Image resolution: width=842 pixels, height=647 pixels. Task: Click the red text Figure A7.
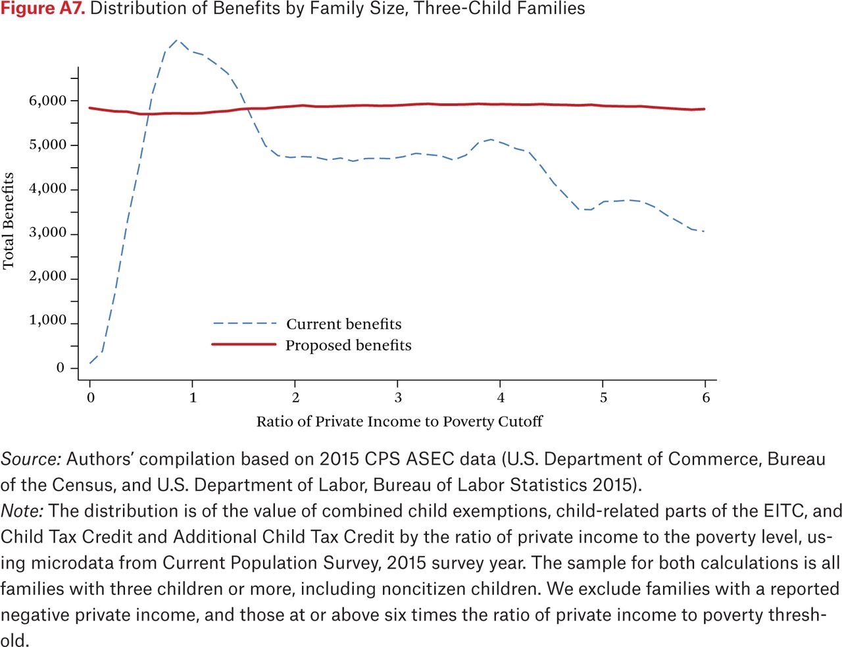point(43,9)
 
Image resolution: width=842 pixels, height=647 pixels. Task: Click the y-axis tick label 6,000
point(47,101)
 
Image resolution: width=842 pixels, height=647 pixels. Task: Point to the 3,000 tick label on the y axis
point(47,232)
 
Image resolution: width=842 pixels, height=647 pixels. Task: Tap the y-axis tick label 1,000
point(47,320)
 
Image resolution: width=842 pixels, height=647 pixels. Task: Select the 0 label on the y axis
point(60,367)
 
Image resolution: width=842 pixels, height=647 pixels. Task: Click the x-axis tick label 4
point(501,398)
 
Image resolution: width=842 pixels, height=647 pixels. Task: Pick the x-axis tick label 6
point(706,398)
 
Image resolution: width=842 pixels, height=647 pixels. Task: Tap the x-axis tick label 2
point(295,398)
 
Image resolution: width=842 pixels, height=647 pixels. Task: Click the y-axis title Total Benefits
point(8,220)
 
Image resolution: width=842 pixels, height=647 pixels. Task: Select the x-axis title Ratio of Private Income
point(339,421)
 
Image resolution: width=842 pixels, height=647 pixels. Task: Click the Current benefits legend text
point(343,324)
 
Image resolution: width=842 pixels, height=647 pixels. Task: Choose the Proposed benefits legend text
point(349,346)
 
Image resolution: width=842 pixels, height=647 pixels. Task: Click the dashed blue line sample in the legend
point(245,323)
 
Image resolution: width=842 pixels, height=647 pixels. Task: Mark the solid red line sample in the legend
point(244,344)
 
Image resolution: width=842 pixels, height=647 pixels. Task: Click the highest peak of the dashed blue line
point(177,39)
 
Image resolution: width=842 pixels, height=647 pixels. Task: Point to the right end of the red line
point(704,109)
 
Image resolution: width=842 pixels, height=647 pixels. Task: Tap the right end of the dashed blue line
point(703,232)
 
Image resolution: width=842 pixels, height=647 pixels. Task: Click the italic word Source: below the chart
point(31,459)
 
